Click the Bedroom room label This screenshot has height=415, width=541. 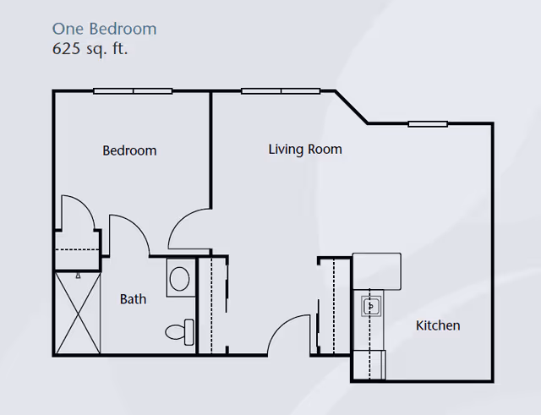coord(129,150)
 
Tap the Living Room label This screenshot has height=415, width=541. coord(305,150)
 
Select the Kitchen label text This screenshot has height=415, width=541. coord(438,325)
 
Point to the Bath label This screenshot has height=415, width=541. coord(133,299)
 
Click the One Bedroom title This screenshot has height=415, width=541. coord(104,29)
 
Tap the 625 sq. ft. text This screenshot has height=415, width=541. coord(90,48)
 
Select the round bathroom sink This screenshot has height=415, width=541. coord(178,277)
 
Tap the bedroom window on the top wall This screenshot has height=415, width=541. coord(133,90)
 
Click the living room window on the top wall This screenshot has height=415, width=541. coord(281,90)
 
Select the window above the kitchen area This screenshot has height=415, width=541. coord(428,123)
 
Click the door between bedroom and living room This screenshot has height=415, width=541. coord(188,228)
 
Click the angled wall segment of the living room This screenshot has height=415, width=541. coord(352,107)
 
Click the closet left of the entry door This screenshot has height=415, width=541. coord(212,305)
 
